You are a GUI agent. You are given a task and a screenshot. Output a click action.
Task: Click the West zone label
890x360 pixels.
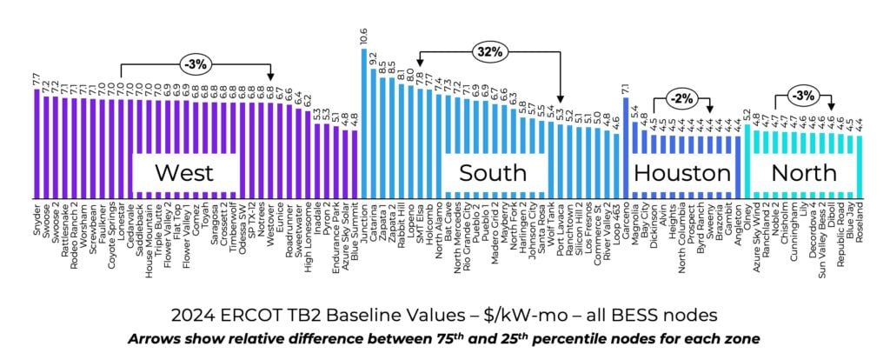[x=184, y=172]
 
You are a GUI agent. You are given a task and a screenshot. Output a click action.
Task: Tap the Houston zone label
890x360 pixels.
[x=681, y=172]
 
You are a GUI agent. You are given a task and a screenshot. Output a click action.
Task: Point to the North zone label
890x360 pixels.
[x=804, y=172]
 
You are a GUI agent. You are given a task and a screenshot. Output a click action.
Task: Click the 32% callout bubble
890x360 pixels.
[x=490, y=52]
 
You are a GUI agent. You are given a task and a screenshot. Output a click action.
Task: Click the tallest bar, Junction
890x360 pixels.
[x=363, y=122]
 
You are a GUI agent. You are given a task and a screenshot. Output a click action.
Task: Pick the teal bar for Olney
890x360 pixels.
[x=747, y=161]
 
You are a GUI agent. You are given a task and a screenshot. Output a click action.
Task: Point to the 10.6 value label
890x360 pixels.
[x=363, y=37]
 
